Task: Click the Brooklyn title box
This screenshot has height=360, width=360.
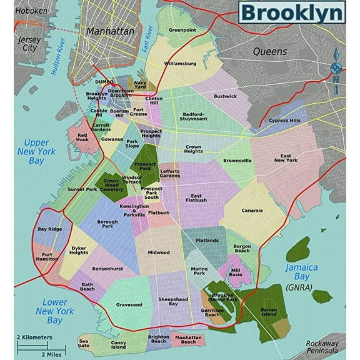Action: coord(291,12)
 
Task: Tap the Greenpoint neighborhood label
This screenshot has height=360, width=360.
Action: coord(182,29)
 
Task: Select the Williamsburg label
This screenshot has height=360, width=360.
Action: coord(180,64)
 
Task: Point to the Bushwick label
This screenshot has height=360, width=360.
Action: coord(225,96)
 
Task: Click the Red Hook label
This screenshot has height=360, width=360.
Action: coord(82,137)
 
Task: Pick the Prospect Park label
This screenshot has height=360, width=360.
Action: coord(145,167)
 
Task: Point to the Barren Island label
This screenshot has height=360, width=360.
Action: coord(268,311)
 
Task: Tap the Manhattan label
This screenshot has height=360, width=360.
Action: coord(111,31)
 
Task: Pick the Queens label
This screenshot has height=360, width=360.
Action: coord(269,51)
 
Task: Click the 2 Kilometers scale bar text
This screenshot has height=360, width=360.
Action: coord(34,337)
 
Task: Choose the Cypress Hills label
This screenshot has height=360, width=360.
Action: coord(284,121)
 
